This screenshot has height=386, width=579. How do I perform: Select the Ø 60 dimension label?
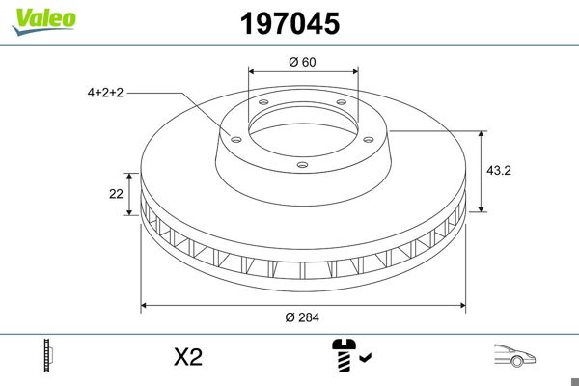coord(303,63)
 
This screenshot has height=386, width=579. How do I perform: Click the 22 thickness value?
coord(116,193)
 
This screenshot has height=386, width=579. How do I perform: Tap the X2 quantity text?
coord(187,357)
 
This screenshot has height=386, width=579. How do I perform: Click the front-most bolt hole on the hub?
coord(302,165)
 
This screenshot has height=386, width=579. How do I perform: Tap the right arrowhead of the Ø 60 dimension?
coord(354,71)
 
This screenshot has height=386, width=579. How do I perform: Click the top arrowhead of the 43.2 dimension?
coord(482,133)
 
